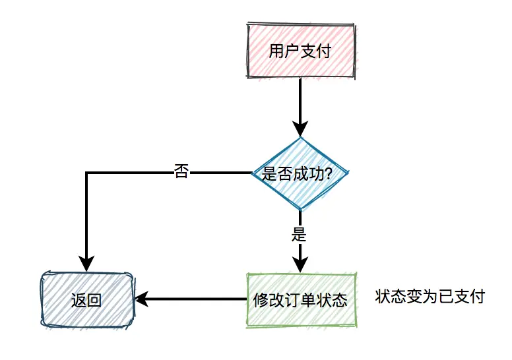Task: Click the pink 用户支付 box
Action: pyautogui.click(x=300, y=51)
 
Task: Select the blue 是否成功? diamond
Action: pyautogui.click(x=300, y=173)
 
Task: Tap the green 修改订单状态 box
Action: pyautogui.click(x=300, y=300)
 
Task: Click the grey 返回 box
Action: pyautogui.click(x=86, y=300)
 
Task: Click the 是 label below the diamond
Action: pyautogui.click(x=300, y=233)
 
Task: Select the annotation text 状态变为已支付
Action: pyautogui.click(x=430, y=297)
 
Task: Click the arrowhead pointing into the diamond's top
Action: pyautogui.click(x=300, y=129)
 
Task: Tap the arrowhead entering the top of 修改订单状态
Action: pyautogui.click(x=300, y=264)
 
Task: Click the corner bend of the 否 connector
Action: pyautogui.click(x=86, y=173)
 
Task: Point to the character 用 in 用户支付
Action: pyautogui.click(x=277, y=51)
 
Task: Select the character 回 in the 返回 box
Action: pyautogui.click(x=94, y=301)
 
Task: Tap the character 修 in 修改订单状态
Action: pyautogui.click(x=261, y=301)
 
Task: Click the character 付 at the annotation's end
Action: pyautogui.click(x=478, y=297)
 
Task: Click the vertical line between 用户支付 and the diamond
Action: pyautogui.click(x=300, y=99)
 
